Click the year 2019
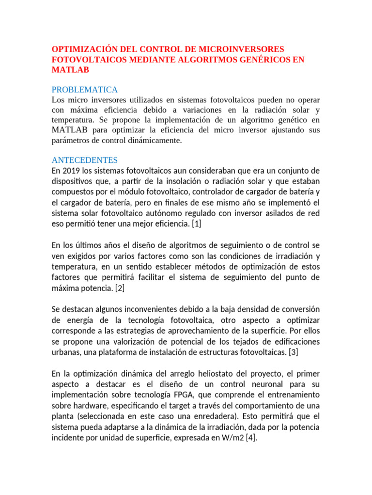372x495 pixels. (72, 171)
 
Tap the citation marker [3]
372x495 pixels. (293, 352)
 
